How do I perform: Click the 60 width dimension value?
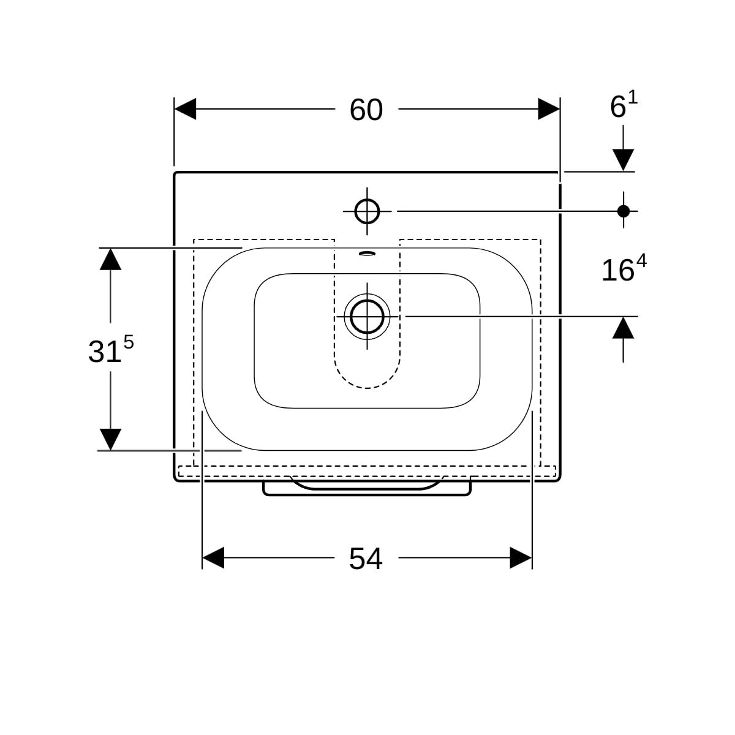click(366, 110)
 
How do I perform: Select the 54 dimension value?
click(366, 559)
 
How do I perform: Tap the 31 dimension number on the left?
click(105, 352)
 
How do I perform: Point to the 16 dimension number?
click(617, 271)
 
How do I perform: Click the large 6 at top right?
click(618, 108)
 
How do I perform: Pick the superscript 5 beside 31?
click(129, 342)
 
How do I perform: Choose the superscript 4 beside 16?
click(641, 262)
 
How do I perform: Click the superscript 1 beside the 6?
click(633, 99)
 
